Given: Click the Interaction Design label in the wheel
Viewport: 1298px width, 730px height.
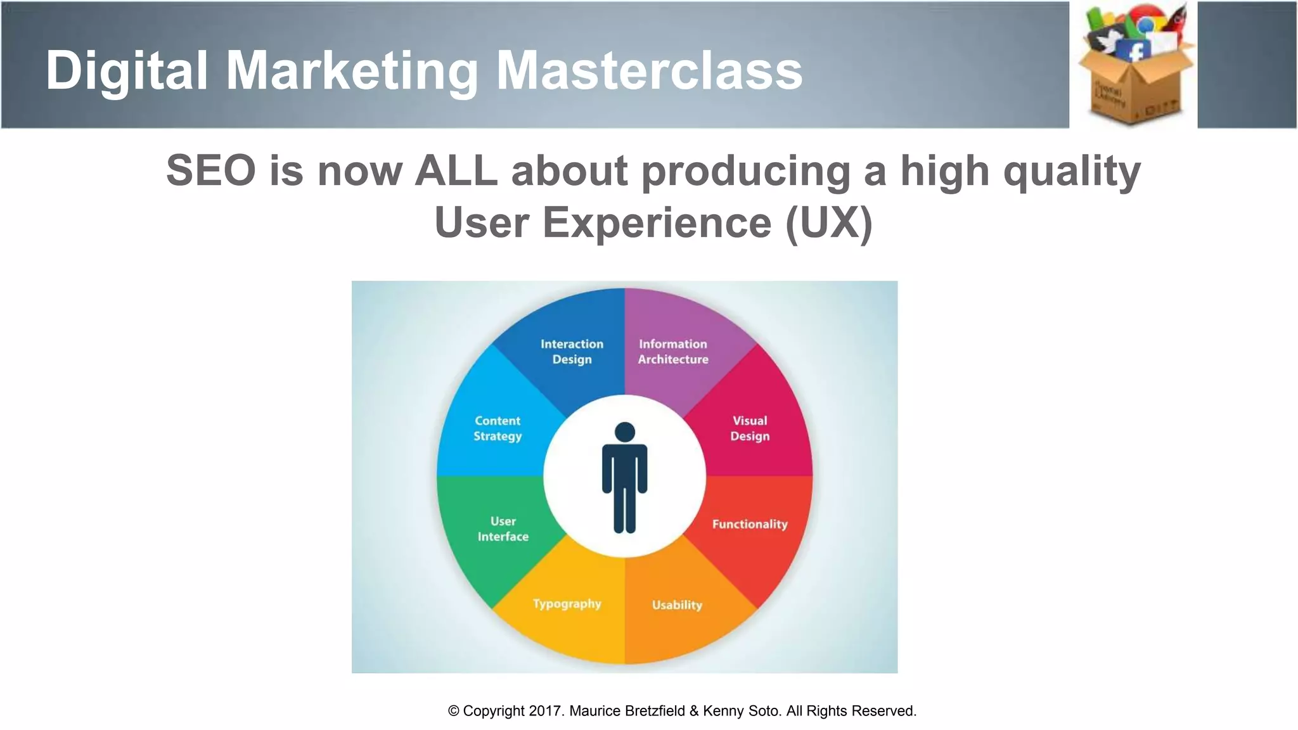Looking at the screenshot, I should tap(572, 352).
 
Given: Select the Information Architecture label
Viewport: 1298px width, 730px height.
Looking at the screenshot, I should tap(673, 352).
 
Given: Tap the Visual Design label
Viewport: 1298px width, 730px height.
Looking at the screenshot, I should tap(750, 428).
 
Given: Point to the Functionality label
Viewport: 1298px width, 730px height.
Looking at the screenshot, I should tap(750, 524).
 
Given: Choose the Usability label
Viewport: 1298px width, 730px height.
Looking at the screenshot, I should tap(677, 605).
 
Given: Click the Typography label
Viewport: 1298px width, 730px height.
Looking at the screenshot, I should tap(567, 604).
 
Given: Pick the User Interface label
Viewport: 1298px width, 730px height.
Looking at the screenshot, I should tap(503, 529).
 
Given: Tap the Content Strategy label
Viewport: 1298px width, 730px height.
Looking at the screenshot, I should tap(498, 428).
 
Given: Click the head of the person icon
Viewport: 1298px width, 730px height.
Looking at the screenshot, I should tap(625, 432).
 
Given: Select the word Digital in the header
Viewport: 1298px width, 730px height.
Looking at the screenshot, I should tap(127, 71).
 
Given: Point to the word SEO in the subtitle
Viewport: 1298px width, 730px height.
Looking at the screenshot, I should tap(211, 170).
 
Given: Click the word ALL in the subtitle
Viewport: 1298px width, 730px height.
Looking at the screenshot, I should tap(456, 170).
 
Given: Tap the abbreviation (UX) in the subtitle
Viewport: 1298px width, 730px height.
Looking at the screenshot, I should tap(828, 222).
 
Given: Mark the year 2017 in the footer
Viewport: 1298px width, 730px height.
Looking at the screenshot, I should tap(544, 711).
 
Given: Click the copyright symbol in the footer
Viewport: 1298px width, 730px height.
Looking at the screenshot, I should tap(454, 711).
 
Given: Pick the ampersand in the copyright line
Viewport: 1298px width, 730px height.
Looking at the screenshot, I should tap(694, 711).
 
